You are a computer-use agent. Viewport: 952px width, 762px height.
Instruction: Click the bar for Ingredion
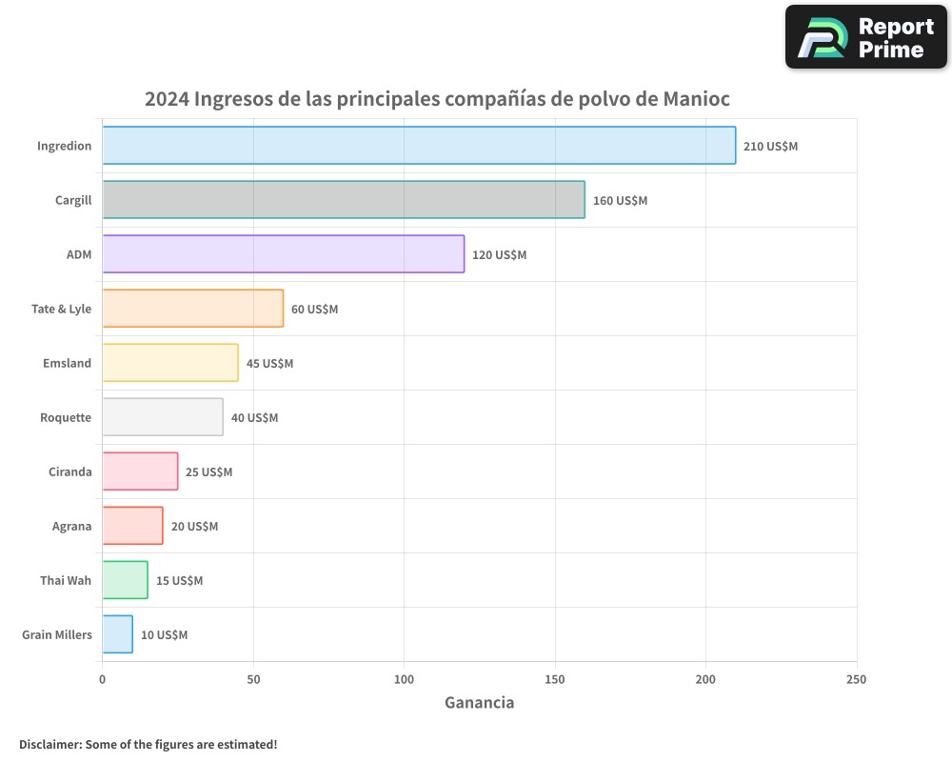click(419, 146)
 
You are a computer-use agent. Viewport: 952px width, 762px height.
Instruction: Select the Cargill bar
click(344, 200)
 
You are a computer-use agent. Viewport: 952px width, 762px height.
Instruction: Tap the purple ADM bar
click(283, 254)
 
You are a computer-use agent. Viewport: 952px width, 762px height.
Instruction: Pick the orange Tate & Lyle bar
click(192, 309)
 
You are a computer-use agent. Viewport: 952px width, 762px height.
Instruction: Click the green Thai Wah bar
click(125, 580)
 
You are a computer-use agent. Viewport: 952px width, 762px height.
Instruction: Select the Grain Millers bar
click(117, 634)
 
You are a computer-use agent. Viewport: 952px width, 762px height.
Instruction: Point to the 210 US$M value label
click(770, 147)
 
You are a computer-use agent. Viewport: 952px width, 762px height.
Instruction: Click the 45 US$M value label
click(269, 364)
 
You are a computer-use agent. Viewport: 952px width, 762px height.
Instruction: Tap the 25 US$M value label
click(208, 472)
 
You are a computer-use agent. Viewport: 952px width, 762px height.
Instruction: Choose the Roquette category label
click(66, 417)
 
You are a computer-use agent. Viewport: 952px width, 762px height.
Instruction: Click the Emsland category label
click(67, 363)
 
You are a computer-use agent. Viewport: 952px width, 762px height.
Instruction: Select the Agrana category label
click(71, 526)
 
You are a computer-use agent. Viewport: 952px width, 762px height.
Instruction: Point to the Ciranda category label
click(69, 471)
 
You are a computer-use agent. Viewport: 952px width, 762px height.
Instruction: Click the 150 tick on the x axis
click(555, 680)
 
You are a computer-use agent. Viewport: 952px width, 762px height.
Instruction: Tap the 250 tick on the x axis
click(856, 680)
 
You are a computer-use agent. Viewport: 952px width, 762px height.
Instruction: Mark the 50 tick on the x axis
click(253, 680)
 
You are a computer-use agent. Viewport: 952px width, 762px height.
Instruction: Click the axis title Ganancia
click(479, 703)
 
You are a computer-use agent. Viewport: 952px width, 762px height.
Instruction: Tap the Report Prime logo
click(865, 37)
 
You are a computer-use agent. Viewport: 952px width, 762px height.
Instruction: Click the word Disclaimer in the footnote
click(49, 744)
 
